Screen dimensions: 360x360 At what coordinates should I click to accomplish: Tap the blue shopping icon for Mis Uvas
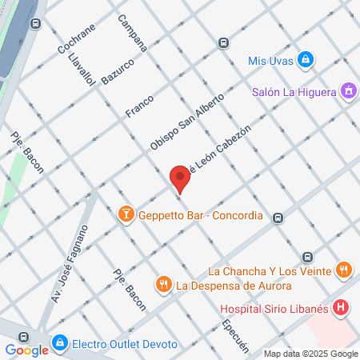(x=306, y=60)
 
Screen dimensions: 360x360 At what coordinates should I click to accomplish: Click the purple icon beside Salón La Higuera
(x=347, y=91)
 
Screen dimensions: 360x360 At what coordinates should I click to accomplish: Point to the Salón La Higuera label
(x=293, y=92)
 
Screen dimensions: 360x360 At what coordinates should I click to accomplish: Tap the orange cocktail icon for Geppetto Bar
(x=126, y=214)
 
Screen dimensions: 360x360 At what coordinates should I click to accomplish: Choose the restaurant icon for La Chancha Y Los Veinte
(x=343, y=270)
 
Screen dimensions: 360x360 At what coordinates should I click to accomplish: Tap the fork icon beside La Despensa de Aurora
(x=164, y=284)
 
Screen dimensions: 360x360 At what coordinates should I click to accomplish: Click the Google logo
(x=26, y=350)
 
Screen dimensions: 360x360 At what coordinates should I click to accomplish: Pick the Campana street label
(x=132, y=33)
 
